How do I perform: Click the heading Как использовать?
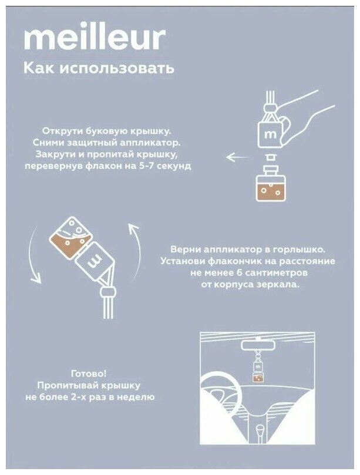coord(99,68)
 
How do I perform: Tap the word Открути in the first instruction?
coord(61,131)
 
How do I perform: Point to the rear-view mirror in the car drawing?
coord(254,345)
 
